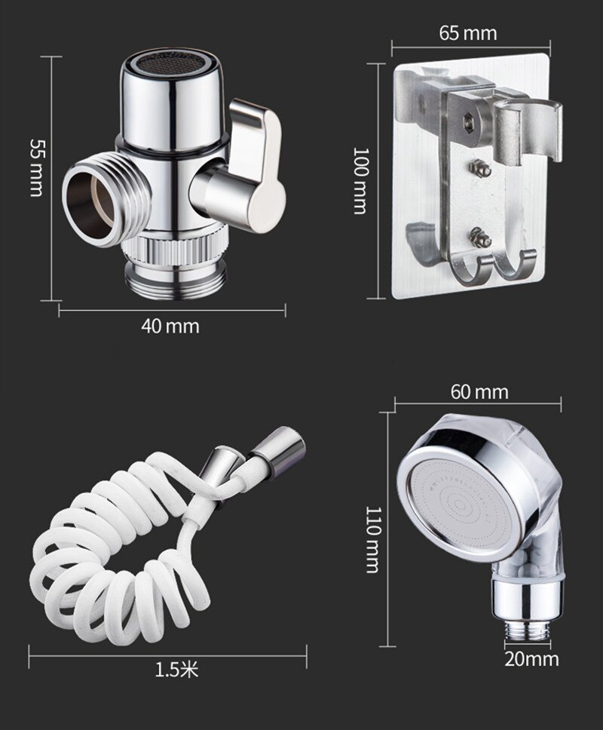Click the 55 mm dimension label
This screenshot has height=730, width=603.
point(36,167)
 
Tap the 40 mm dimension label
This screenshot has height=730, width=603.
point(170,326)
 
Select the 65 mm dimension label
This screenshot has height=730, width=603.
point(468,33)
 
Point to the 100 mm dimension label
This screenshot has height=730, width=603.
point(361,181)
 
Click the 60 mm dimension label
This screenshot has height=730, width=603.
point(479,392)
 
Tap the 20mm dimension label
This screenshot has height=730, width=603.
point(532,659)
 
